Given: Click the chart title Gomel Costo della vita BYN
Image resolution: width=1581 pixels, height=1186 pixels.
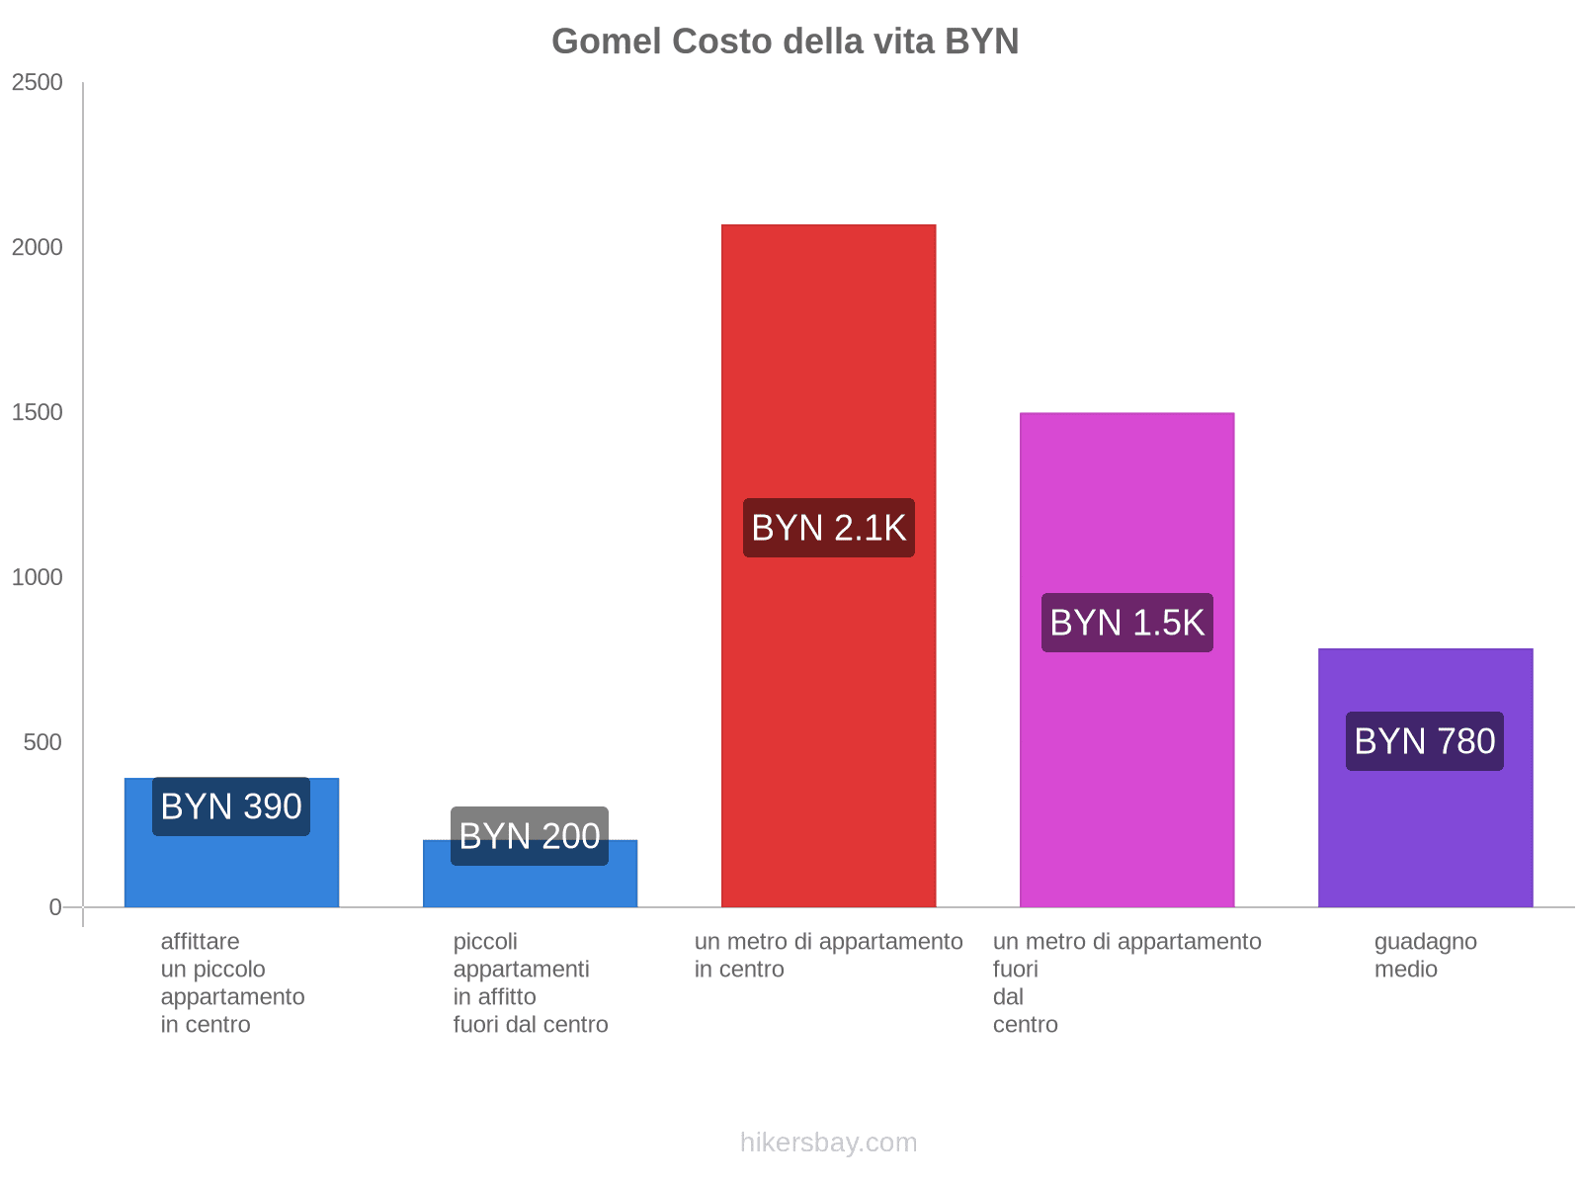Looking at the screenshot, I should pos(785,42).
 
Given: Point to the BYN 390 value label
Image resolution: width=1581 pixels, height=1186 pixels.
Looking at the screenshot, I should pos(231,806).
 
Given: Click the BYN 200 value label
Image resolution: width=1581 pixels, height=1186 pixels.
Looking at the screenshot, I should pos(530,836).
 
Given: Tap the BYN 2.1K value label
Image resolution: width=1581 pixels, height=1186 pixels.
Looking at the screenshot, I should pos(828,528).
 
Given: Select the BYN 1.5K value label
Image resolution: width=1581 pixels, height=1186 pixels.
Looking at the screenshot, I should pos(1126,623).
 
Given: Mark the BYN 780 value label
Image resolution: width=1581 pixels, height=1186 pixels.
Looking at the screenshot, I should pos(1425,741).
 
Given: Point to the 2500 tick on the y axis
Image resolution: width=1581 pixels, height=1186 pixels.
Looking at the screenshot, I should pos(38,82).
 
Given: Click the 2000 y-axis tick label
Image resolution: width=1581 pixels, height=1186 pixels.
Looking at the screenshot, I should pos(38,247).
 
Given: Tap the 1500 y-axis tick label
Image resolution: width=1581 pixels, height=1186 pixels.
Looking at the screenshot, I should pos(38,412).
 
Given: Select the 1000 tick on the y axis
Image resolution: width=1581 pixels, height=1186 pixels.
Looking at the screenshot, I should pos(38,577).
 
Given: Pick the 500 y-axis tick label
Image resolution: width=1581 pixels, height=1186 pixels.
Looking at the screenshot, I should pos(43,742).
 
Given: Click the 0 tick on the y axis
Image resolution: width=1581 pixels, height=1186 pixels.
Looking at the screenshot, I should pos(55,907).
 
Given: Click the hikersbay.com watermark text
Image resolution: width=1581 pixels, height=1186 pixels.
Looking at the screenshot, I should pos(828,1143).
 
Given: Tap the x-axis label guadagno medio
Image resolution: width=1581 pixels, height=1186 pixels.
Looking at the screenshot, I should pos(1425,955).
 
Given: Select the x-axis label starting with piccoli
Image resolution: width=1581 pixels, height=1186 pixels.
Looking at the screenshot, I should pos(530,982).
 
